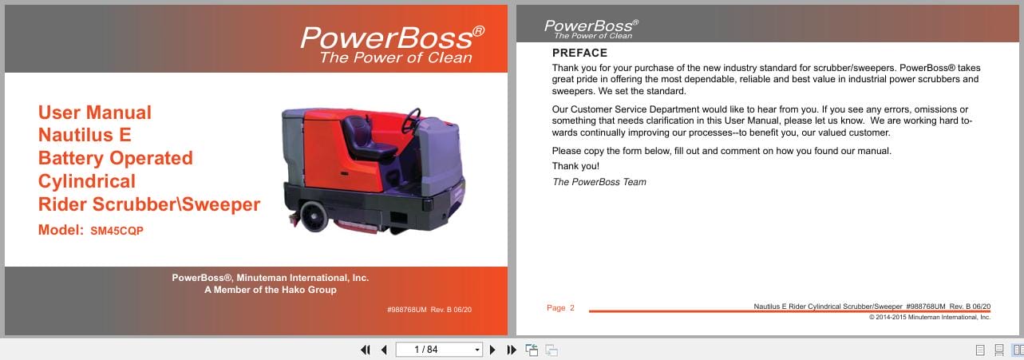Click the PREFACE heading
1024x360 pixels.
coord(579,53)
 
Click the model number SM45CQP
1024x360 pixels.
coord(117,231)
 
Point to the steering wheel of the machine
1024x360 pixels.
coord(412,121)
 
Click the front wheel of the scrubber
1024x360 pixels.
coord(313,214)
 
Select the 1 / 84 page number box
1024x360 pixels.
coord(438,350)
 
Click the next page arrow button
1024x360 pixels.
coord(492,350)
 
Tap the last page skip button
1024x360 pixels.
coord(512,350)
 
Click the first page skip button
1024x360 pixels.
coord(366,350)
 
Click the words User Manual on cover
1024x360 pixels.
coord(94,113)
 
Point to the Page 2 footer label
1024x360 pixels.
coord(560,308)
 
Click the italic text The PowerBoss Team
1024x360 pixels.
coord(599,182)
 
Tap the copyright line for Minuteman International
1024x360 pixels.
coord(929,317)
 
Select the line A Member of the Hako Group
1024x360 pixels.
coord(270,290)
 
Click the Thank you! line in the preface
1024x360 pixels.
coord(575,166)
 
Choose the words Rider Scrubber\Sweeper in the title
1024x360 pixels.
coord(149,204)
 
